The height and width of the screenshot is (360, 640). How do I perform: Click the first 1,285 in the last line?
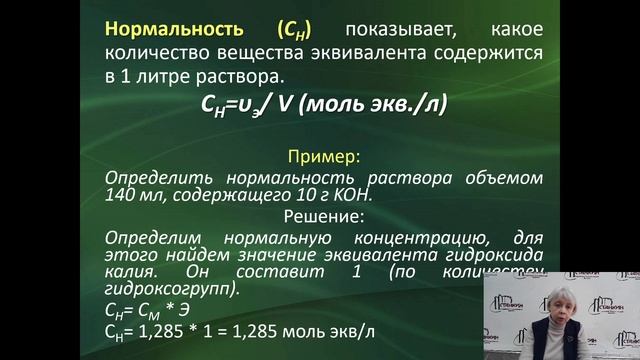[161, 331]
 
